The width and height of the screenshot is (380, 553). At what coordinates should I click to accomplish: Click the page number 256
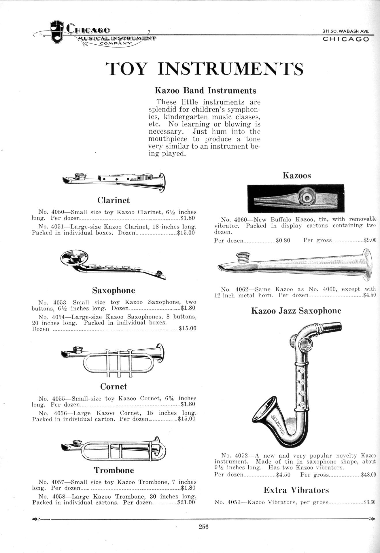pyautogui.click(x=203, y=527)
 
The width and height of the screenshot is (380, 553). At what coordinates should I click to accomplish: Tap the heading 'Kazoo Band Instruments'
pyautogui.click(x=205, y=91)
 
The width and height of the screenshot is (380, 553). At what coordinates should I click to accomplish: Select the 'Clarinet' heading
pyautogui.click(x=114, y=200)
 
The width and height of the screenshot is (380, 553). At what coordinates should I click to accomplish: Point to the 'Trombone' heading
pyautogui.click(x=114, y=470)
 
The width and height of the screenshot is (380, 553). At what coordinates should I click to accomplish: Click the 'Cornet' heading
pyautogui.click(x=114, y=387)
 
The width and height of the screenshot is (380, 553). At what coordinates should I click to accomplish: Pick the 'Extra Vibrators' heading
pyautogui.click(x=296, y=490)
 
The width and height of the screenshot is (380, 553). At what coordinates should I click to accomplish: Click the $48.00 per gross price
pyautogui.click(x=368, y=475)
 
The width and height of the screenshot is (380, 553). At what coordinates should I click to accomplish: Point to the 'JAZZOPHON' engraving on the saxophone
pyautogui.click(x=279, y=425)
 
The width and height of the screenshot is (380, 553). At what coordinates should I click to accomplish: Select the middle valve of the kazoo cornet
pyautogui.click(x=118, y=362)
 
